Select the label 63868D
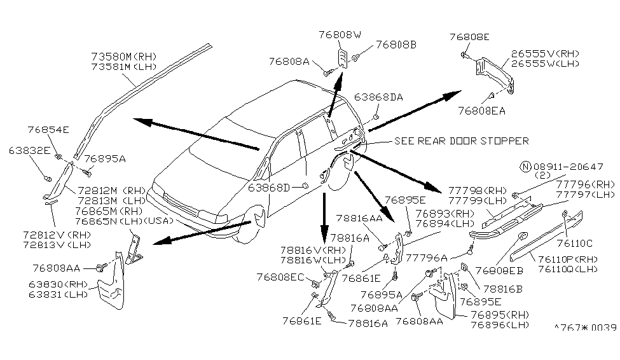pos(269,188)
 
